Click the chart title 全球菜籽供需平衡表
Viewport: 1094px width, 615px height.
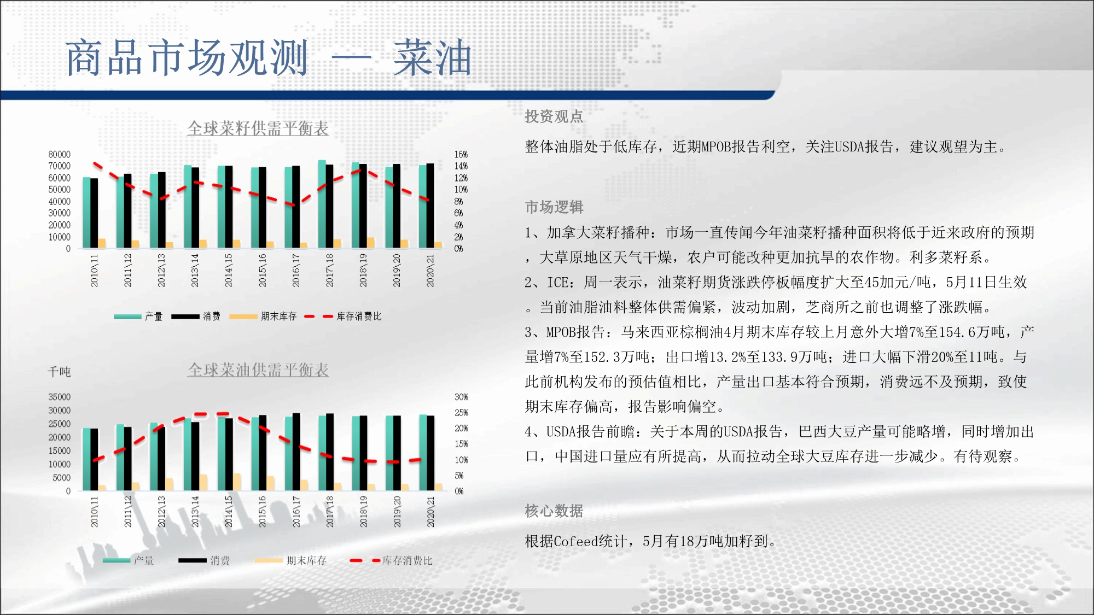pyautogui.click(x=258, y=128)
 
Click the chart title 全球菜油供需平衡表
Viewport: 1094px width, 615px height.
pyautogui.click(x=258, y=370)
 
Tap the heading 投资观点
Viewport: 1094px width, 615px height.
pyautogui.click(x=554, y=116)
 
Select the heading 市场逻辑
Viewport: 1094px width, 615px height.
pyautogui.click(x=554, y=207)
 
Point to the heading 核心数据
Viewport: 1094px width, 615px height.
pyautogui.click(x=554, y=511)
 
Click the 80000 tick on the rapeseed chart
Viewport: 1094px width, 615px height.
pyautogui.click(x=59, y=155)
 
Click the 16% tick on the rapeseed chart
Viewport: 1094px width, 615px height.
pyautogui.click(x=461, y=155)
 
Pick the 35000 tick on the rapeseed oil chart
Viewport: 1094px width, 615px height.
pyautogui.click(x=59, y=397)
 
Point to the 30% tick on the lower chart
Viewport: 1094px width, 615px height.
pyautogui.click(x=461, y=397)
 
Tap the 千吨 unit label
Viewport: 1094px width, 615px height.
pyautogui.click(x=59, y=372)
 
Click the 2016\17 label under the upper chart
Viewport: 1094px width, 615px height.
pyautogui.click(x=296, y=270)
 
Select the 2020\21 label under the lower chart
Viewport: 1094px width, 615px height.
pyautogui.click(x=430, y=512)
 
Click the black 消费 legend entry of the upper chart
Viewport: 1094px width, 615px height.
pyautogui.click(x=195, y=316)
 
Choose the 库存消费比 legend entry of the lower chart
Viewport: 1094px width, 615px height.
pyautogui.click(x=391, y=560)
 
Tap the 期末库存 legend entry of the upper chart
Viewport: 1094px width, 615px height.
pyautogui.click(x=263, y=316)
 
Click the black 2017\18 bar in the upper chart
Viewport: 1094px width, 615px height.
pyautogui.click(x=329, y=206)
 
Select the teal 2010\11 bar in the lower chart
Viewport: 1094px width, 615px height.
pyautogui.click(x=86, y=459)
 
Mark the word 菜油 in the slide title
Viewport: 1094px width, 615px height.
pyautogui.click(x=432, y=58)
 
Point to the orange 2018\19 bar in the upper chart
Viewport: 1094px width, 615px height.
pyautogui.click(x=370, y=243)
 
